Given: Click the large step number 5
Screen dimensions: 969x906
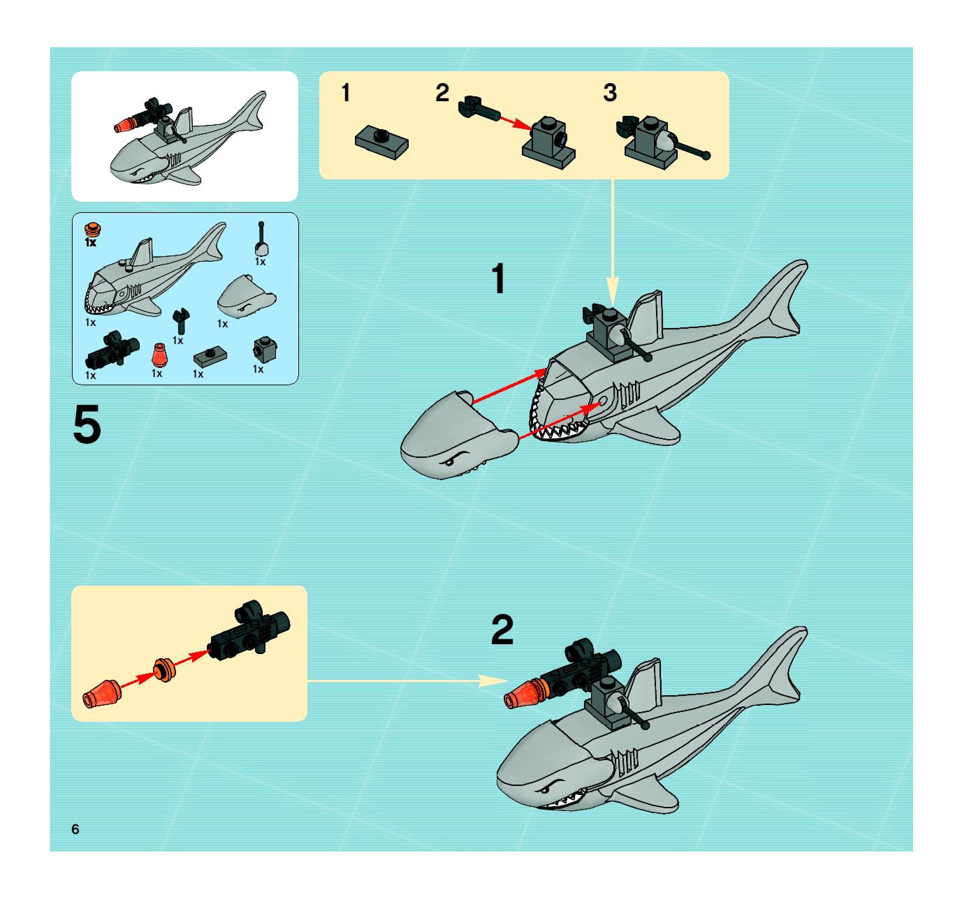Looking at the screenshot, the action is click(87, 425).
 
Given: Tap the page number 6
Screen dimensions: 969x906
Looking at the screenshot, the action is click(75, 829).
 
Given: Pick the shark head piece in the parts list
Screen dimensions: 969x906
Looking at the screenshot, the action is click(246, 297).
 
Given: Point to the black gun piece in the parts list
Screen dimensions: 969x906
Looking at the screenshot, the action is click(112, 349).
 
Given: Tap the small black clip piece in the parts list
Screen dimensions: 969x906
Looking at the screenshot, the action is click(181, 320).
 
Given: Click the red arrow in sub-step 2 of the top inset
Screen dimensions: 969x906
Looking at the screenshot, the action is click(516, 123).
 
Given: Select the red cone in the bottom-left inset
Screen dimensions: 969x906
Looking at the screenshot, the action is click(101, 694).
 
